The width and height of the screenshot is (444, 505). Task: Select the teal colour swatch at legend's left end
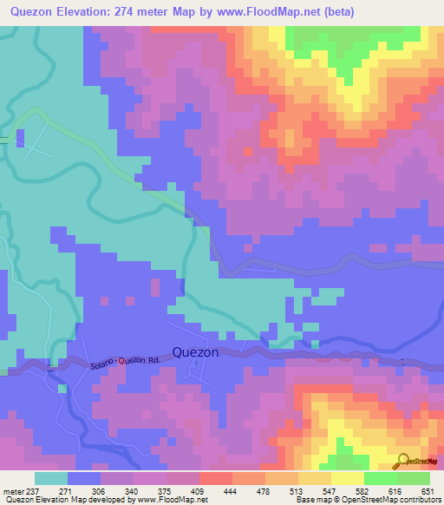click(x=50, y=478)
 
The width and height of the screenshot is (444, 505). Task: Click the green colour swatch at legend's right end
click(x=414, y=478)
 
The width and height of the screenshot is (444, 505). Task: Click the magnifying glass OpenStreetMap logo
click(x=405, y=462)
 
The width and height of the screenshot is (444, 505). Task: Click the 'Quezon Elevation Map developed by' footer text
click(x=64, y=499)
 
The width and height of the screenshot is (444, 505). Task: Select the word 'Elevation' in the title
click(x=93, y=10)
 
